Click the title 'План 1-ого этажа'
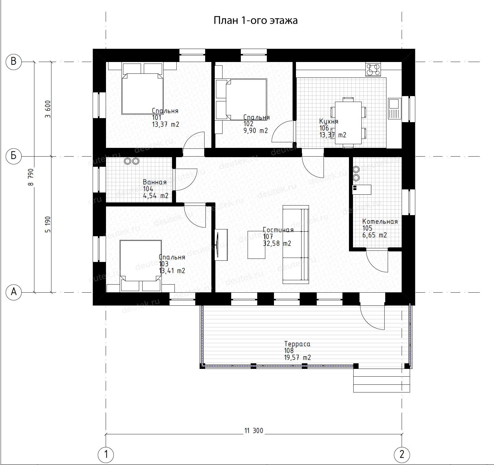pos(256,20)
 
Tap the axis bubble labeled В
pos(14,61)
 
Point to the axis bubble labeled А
pos(14,292)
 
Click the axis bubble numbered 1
pos(106,455)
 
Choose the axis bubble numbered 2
pos(402,455)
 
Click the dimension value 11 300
pos(254,431)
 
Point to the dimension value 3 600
pos(47,109)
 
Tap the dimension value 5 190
pos(47,224)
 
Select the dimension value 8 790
pos(30,177)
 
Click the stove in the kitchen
pos(373,69)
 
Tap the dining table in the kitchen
pos(348,123)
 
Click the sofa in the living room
pos(296,245)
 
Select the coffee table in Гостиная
pos(256,245)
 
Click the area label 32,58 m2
pos(277,244)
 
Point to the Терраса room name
pos(297,344)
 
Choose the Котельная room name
pos(380,222)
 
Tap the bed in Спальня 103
pos(141,265)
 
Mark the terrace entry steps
pos(382,380)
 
